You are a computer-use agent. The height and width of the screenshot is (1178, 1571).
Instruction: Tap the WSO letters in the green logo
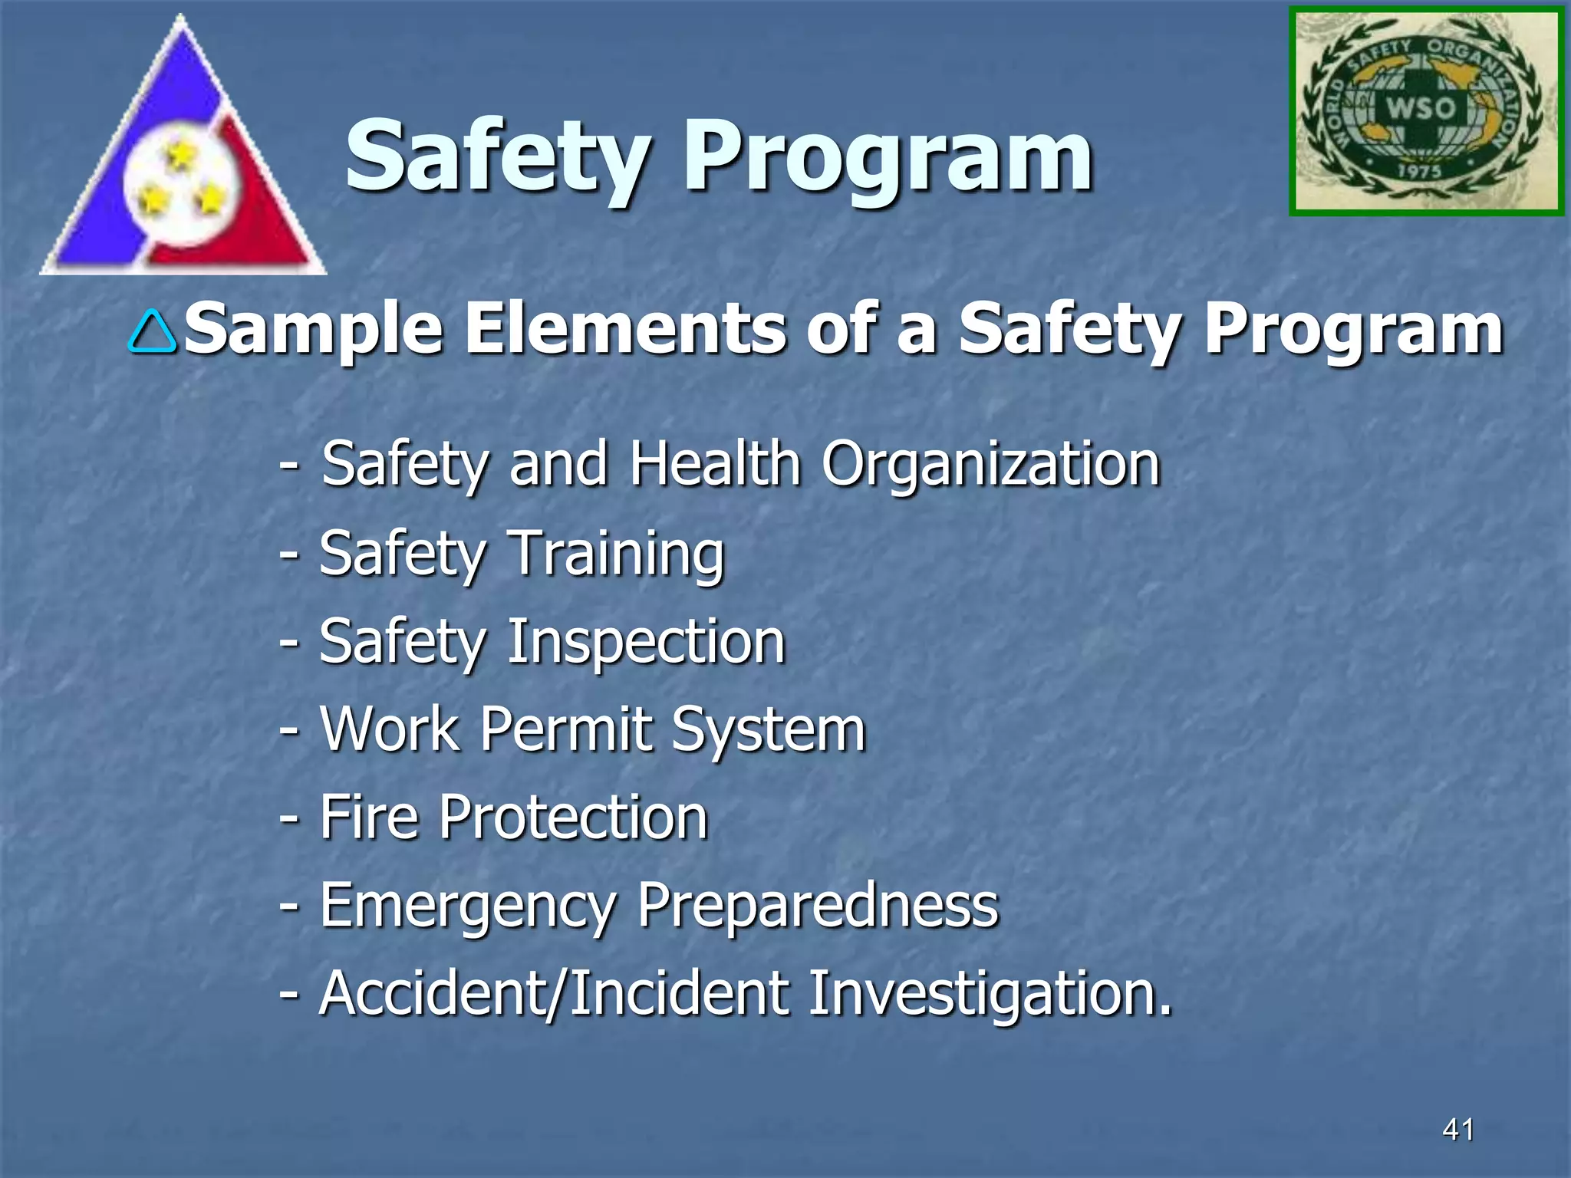pos(1420,107)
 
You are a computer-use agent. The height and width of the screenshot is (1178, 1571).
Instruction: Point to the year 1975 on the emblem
pos(1419,171)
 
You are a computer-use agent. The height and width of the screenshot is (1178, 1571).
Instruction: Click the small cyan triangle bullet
pos(153,331)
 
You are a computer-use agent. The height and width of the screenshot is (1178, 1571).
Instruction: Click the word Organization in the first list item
pos(990,465)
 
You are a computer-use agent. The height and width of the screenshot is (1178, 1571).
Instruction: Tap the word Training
pos(617,554)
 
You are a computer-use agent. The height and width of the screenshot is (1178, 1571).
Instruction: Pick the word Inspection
pos(647,642)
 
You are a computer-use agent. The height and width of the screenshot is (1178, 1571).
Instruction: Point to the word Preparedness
pos(818,906)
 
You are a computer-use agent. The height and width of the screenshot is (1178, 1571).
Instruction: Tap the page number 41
pos(1458,1129)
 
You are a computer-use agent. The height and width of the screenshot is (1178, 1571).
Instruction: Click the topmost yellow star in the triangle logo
pos(181,155)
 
